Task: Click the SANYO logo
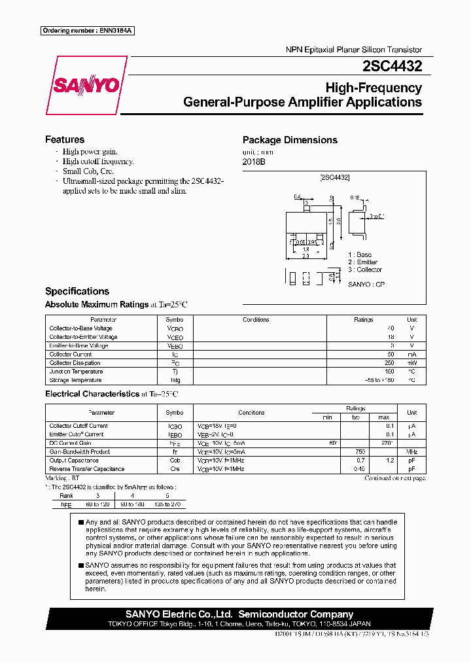tap(86, 86)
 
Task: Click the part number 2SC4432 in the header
tap(392, 66)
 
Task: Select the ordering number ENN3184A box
tap(88, 31)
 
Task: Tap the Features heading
tap(64, 139)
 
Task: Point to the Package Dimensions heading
tap(290, 140)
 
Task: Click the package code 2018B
tap(254, 162)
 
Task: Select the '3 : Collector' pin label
tap(364, 270)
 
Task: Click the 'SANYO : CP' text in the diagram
tap(366, 285)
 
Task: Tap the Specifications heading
tap(77, 291)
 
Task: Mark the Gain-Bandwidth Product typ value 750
tap(359, 452)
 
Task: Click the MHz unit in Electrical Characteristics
tap(411, 452)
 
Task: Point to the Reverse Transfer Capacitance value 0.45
tap(358, 469)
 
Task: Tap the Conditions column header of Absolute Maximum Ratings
tap(256, 320)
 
